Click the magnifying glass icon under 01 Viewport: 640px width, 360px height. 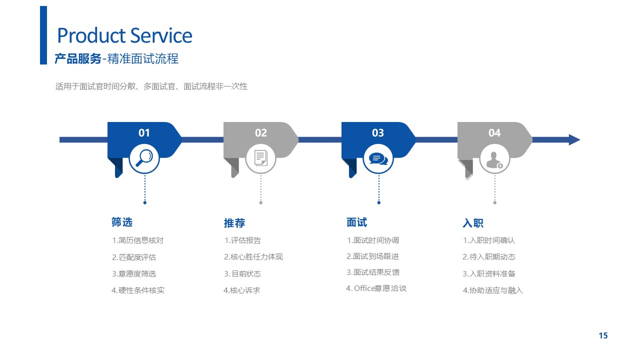coord(144,158)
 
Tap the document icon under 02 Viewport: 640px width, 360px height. coord(261,158)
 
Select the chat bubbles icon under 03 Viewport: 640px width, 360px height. coord(378,159)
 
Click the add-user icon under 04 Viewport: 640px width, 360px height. coord(494,160)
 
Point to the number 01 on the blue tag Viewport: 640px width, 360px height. coord(144,133)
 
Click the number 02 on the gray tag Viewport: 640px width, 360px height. coord(261,133)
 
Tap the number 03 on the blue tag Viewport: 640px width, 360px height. coord(377,133)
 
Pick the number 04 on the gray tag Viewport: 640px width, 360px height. coord(494,133)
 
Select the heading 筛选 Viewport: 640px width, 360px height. coord(122,222)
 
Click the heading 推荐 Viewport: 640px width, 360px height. coord(234,223)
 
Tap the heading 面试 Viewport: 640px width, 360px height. coord(356,222)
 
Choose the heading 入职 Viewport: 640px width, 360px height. coord(473,223)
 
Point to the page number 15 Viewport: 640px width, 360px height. coord(603,335)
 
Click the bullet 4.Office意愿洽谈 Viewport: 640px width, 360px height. coord(376,288)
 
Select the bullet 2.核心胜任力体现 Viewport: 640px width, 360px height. coord(253,257)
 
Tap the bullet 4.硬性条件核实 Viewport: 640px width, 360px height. coord(138,290)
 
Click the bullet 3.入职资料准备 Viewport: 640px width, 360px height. coord(489,273)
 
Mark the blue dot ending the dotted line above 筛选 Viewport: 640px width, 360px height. coord(145,202)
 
